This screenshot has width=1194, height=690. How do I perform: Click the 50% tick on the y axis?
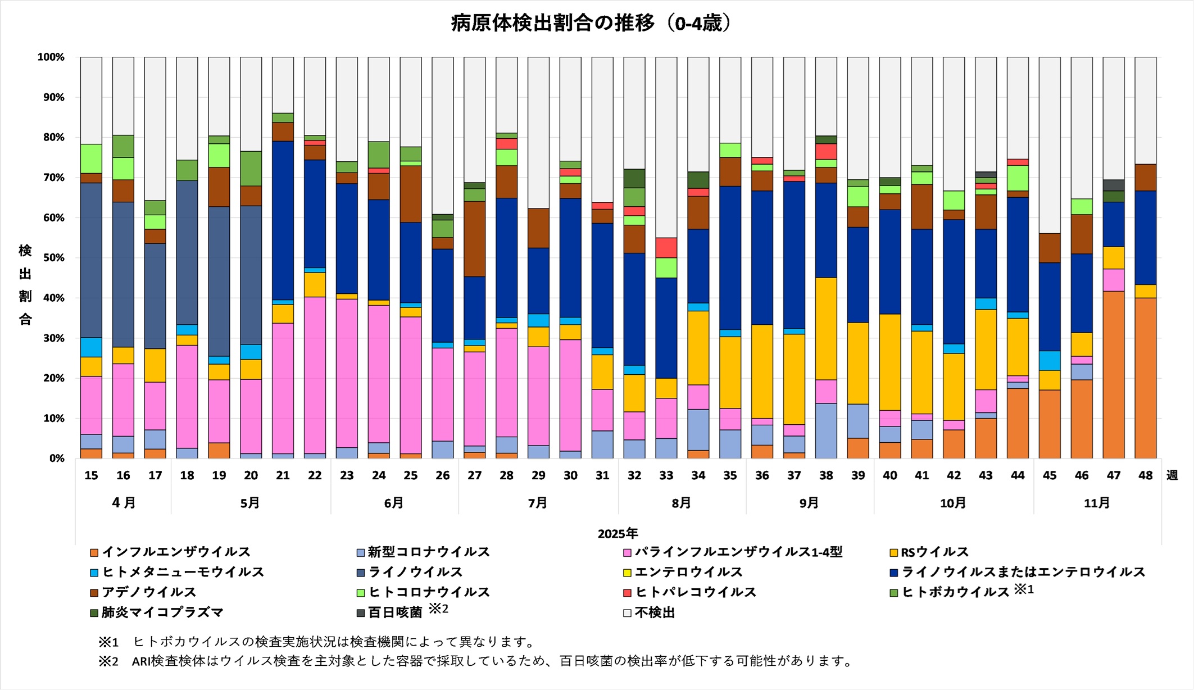pyautogui.click(x=51, y=258)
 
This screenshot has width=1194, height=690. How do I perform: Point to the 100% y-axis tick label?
pyautogui.click(x=51, y=57)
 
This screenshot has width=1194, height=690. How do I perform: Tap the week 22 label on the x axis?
pyautogui.click(x=315, y=475)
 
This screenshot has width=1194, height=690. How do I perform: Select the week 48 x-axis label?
pyautogui.click(x=1145, y=475)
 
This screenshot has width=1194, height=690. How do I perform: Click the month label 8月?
pyautogui.click(x=681, y=503)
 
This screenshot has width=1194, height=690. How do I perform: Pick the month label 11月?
pyautogui.click(x=1096, y=503)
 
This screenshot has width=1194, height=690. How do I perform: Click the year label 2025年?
pyautogui.click(x=618, y=533)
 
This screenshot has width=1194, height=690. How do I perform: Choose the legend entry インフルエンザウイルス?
pyautogui.click(x=176, y=552)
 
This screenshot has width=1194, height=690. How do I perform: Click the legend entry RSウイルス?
pyautogui.click(x=934, y=552)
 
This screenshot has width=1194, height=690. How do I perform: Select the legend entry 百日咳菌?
pyautogui.click(x=394, y=612)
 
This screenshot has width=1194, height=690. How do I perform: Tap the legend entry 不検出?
pyautogui.click(x=655, y=612)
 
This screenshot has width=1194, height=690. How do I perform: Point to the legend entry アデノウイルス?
pyautogui.click(x=149, y=592)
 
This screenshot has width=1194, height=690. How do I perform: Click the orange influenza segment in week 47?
pyautogui.click(x=1113, y=374)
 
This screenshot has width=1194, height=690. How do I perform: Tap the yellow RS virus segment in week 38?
pyautogui.click(x=825, y=329)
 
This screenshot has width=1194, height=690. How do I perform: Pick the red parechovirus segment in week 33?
pyautogui.click(x=666, y=247)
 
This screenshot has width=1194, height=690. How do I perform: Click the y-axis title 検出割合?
pyautogui.click(x=25, y=284)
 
